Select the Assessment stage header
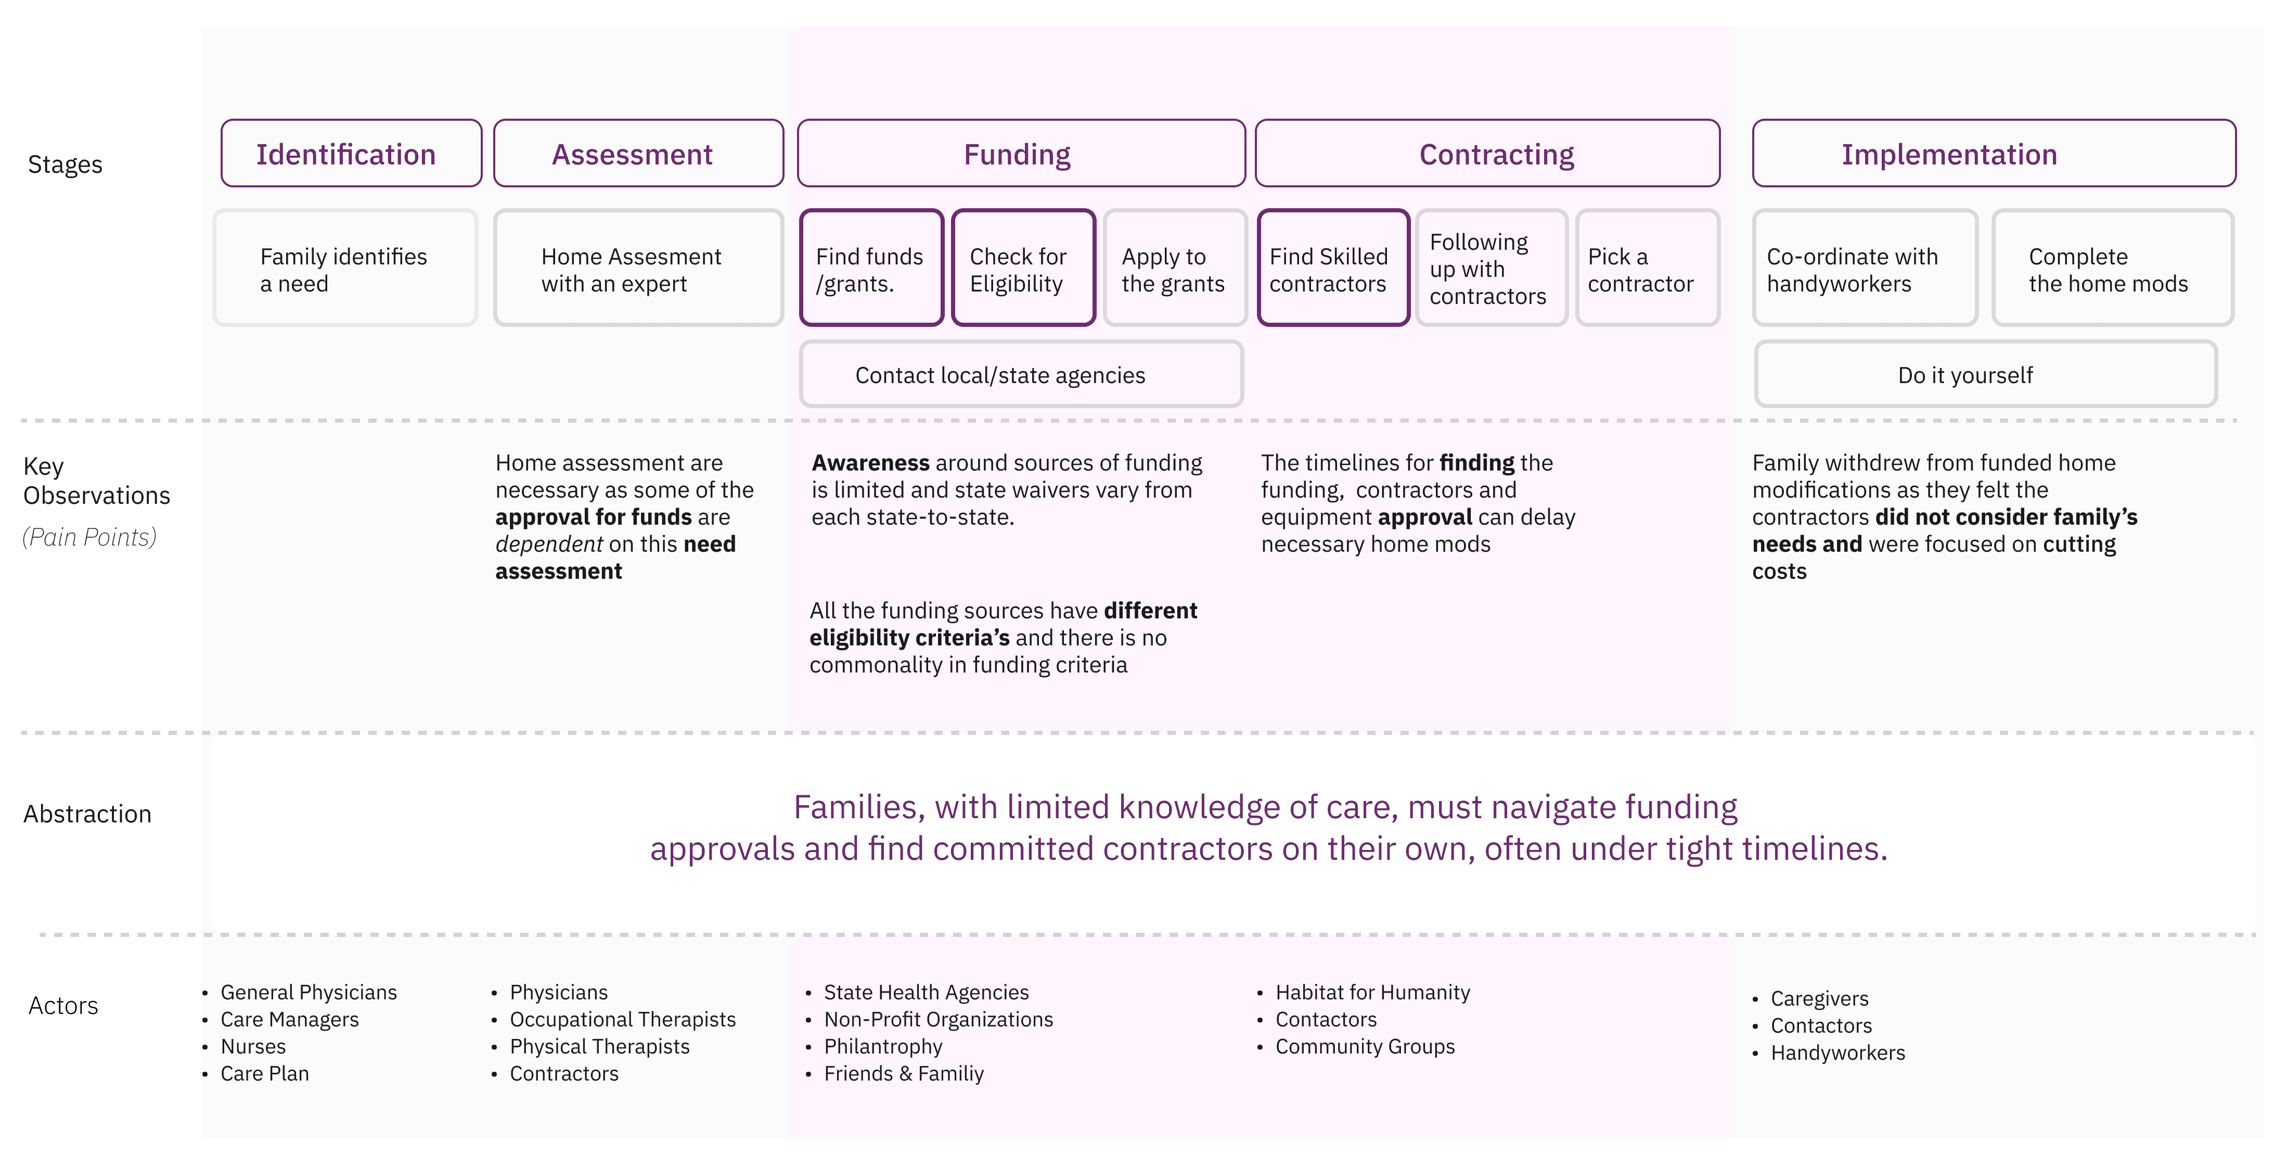638,154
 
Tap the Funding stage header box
1021,154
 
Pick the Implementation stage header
1994,154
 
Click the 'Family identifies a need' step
345,268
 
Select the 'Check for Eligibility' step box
1024,268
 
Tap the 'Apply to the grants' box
1175,268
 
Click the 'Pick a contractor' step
1648,268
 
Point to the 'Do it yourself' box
1986,374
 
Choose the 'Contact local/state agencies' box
1021,374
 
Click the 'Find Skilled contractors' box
1333,268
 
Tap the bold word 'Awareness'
870,463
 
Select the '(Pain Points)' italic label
89,537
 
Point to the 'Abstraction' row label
87,814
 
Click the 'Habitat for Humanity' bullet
1372,992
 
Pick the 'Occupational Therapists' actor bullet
622,1020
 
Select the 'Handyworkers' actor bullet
1838,1052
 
